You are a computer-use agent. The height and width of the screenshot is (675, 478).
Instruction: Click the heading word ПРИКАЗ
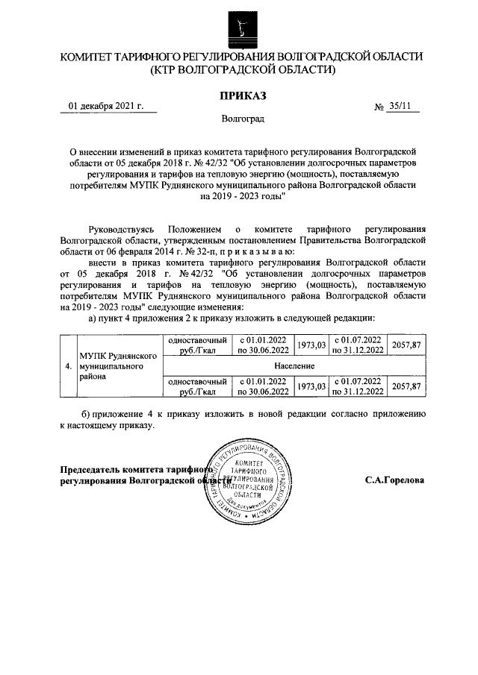pos(242,95)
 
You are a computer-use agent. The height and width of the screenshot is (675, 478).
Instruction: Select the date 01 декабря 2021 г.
pos(106,106)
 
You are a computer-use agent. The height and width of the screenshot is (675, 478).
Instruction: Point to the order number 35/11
pos(400,106)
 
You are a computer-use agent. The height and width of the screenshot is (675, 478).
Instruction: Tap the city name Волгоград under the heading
pos(242,118)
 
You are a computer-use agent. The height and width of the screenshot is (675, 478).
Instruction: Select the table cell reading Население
pos(293,365)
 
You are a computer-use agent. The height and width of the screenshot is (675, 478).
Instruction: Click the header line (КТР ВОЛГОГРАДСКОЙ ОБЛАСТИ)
pos(242,70)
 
